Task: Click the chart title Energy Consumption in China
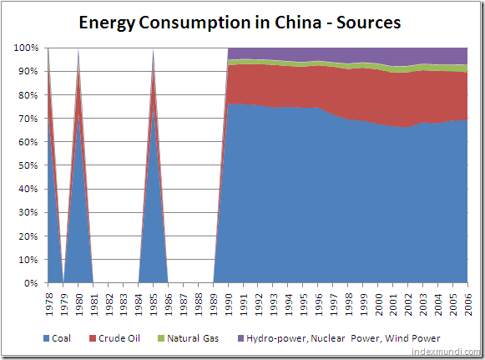tap(240, 23)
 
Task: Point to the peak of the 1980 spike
tap(78, 50)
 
